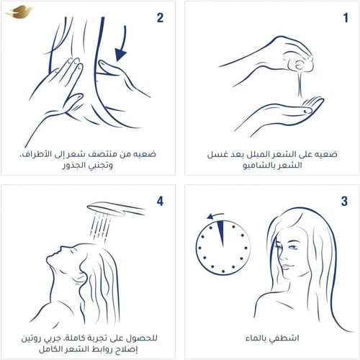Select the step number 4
coord(160,200)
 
